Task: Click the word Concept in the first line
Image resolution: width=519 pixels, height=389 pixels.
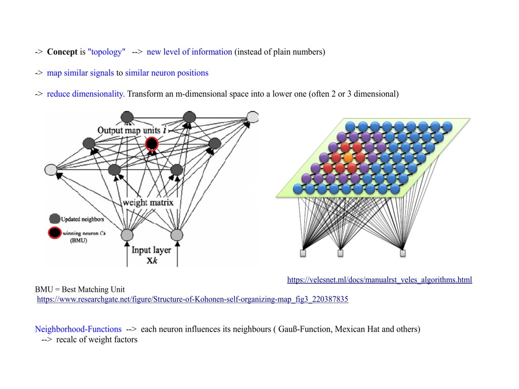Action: click(x=62, y=52)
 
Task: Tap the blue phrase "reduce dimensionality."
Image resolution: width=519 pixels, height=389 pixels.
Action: click(x=86, y=94)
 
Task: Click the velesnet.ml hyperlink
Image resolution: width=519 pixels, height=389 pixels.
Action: click(x=379, y=280)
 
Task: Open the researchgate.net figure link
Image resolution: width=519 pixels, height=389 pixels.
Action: click(x=193, y=299)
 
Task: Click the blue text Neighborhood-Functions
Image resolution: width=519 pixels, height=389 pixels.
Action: click(x=78, y=329)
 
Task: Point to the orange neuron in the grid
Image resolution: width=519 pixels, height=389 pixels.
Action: click(x=348, y=158)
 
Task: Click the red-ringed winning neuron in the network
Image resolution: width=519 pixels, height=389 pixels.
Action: click(x=152, y=144)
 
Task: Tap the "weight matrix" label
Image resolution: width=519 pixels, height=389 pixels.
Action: click(x=147, y=203)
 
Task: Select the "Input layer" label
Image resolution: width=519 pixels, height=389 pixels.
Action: click(x=151, y=250)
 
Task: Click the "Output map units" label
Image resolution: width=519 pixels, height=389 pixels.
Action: click(x=129, y=130)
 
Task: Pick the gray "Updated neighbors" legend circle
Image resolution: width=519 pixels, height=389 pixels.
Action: click(x=54, y=219)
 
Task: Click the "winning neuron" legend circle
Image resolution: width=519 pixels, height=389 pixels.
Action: click(x=54, y=234)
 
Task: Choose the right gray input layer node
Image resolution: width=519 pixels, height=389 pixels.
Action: click(x=176, y=235)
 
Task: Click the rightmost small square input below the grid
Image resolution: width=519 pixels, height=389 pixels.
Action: click(x=403, y=253)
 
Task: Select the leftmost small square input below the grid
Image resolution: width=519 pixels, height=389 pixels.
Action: click(x=303, y=253)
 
